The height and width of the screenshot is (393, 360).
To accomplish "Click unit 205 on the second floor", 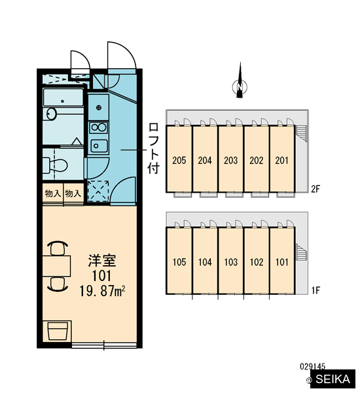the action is (179, 159).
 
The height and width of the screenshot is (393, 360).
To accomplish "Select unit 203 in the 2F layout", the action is (231, 159).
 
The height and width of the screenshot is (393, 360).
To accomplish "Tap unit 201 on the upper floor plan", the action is (282, 159).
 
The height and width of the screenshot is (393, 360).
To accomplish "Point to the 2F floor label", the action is (315, 189).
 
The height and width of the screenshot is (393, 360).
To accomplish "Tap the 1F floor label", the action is (315, 290).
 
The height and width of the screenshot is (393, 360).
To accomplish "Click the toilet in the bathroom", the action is (55, 165).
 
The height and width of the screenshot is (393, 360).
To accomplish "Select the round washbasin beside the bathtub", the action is (51, 114).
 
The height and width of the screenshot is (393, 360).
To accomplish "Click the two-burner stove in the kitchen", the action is (99, 127).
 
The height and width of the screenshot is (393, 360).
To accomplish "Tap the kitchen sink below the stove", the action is (99, 145).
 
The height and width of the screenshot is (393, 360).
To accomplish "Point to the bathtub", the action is (63, 97).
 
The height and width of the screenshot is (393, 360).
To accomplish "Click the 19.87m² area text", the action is (102, 291).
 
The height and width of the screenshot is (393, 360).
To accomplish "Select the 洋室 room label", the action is (102, 261).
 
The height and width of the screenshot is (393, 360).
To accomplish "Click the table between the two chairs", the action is (56, 266).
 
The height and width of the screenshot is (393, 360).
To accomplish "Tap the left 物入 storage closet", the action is (53, 193).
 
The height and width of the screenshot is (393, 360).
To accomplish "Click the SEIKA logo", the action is (333, 379).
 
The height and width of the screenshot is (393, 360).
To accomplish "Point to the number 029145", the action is (312, 367).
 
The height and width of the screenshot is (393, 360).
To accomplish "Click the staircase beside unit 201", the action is (301, 133).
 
